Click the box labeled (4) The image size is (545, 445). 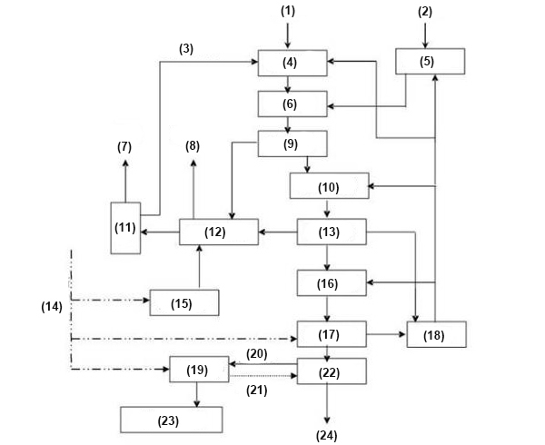(x=291, y=64)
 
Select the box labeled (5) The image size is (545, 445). (x=430, y=62)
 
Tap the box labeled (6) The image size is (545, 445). (x=291, y=104)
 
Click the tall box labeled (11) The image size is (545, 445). (x=126, y=227)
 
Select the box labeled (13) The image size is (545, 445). (x=332, y=232)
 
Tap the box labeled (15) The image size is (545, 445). (x=184, y=302)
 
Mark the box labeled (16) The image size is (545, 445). (x=332, y=283)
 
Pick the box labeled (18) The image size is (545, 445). (x=437, y=334)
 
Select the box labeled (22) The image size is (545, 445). (x=332, y=371)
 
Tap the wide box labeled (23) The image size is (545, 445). (x=172, y=419)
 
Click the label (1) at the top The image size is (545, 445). (x=289, y=11)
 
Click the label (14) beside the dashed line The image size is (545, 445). (x=52, y=306)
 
